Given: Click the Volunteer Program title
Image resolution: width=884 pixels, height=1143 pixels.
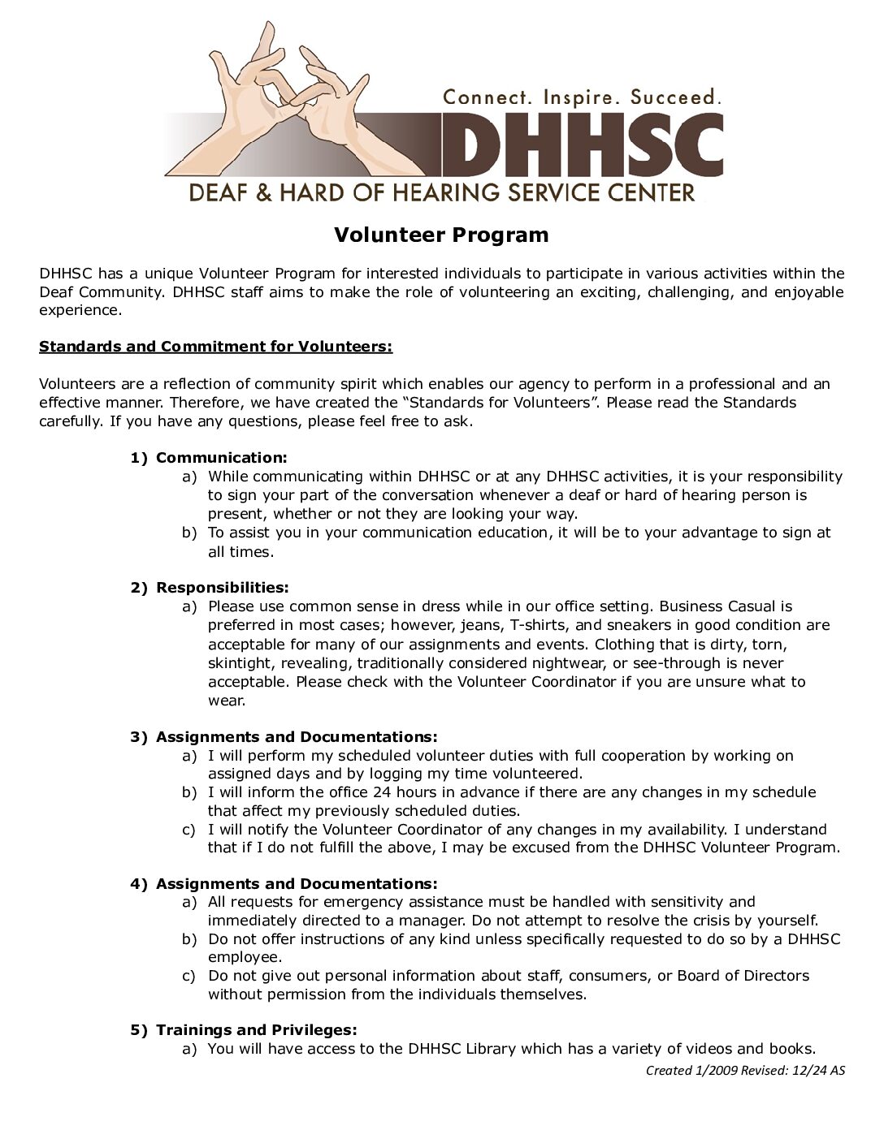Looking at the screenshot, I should pyautogui.click(x=441, y=235).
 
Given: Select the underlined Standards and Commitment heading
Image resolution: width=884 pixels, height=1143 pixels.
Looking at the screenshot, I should pyautogui.click(x=215, y=347).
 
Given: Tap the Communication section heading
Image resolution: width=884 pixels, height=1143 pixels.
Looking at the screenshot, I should pyautogui.click(x=221, y=458).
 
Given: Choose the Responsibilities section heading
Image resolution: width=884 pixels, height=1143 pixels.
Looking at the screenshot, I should pyautogui.click(x=222, y=587).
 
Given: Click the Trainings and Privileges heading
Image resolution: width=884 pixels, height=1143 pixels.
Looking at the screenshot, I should pyautogui.click(x=256, y=1030).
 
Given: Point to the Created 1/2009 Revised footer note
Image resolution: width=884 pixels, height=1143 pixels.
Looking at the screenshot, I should pyautogui.click(x=745, y=1071).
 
